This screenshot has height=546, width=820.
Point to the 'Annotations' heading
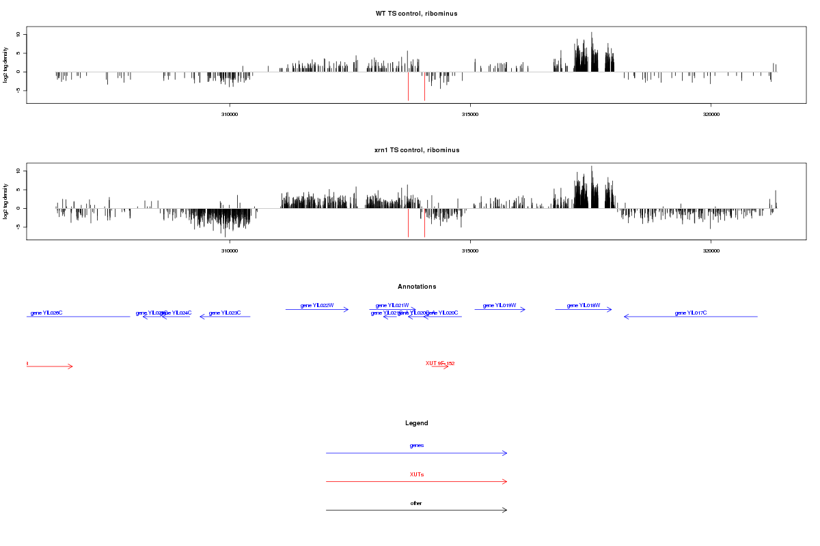coord(416,287)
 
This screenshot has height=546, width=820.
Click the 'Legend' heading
coord(416,423)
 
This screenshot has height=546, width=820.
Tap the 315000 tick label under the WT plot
coord(470,114)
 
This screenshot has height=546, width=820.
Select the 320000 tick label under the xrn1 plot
coord(711,250)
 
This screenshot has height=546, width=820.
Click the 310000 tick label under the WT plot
coord(230,114)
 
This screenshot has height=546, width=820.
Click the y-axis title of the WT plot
coord(6,65)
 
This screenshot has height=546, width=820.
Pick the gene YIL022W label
coord(317,305)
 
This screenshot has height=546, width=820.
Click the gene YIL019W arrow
coord(500,310)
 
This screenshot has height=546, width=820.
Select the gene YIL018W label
coord(583,305)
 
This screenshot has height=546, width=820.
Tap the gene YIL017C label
coord(690,313)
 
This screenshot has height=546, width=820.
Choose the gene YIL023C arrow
coord(225,317)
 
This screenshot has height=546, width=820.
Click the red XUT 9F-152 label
coord(440,363)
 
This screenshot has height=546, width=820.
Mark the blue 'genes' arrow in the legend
coord(416,453)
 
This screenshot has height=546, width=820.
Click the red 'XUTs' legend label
coord(416,474)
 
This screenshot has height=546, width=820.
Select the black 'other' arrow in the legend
coord(416,511)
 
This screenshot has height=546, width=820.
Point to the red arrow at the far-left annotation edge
coord(49,367)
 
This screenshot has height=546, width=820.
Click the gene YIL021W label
coord(392,305)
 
